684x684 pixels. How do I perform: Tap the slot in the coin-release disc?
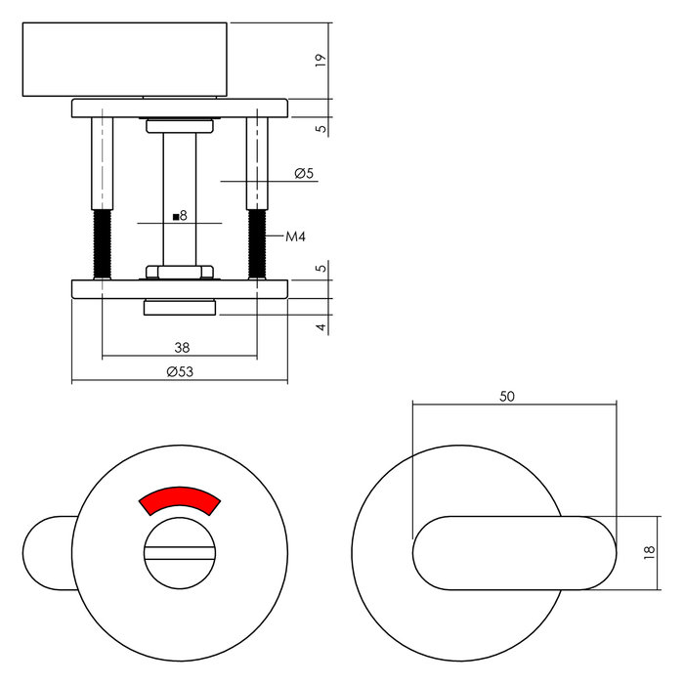[180, 555]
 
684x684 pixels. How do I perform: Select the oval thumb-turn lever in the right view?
[514, 552]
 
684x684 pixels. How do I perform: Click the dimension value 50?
[506, 396]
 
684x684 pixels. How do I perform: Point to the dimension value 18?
[648, 553]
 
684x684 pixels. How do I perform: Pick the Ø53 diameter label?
[179, 371]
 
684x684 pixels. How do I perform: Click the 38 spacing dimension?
[180, 346]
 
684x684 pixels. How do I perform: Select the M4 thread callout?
[296, 237]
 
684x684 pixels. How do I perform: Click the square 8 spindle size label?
[179, 215]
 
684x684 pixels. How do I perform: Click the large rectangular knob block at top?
[125, 60]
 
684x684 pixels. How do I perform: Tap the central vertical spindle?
[180, 195]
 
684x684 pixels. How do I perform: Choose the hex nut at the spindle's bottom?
[180, 271]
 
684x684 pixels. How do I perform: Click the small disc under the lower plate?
[180, 309]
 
